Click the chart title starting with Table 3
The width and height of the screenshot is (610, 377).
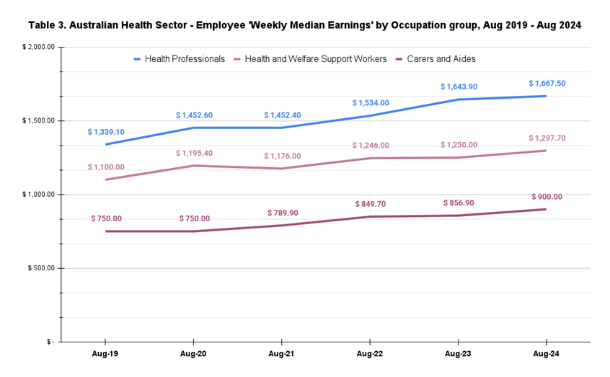coord(304,25)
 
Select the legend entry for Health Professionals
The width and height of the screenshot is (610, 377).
coord(185,59)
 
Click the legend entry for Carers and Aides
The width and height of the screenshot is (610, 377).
coord(441,59)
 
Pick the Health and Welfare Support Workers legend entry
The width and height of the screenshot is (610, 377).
coord(316,59)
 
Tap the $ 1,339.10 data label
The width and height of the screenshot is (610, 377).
coord(106,132)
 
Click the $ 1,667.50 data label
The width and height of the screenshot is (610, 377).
coord(547,84)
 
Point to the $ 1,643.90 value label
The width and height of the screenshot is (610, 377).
coord(459,87)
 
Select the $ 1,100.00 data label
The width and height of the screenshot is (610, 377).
coord(106,167)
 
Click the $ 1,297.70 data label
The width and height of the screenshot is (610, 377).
coord(547,138)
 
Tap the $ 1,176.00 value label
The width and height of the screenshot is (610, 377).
coord(282,156)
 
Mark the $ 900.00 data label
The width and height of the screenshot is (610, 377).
coord(547,197)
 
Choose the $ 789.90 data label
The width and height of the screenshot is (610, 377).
coord(282,213)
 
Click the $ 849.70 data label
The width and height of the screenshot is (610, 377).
coord(371,204)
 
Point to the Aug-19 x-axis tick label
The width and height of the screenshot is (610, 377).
coord(106,354)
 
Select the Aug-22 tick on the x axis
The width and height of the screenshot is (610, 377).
coord(371,354)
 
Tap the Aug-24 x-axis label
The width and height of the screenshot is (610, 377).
coord(547,354)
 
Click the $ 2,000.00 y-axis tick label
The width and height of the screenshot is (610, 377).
coord(38,48)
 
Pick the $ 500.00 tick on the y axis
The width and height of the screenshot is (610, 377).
coord(40,268)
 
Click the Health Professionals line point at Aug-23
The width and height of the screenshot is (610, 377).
coord(459,99)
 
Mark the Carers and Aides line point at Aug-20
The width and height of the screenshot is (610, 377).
coord(194,231)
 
